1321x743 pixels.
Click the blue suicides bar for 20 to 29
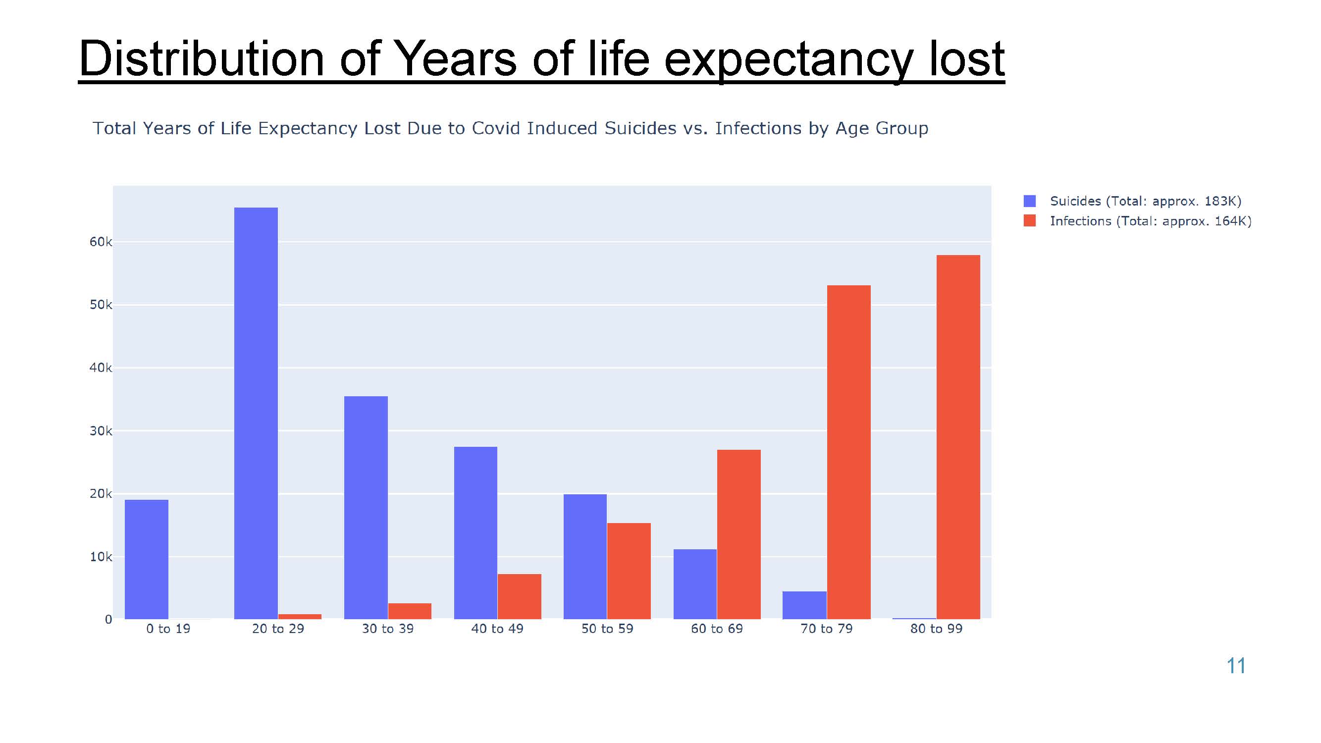click(256, 413)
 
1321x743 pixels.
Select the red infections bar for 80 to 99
click(958, 437)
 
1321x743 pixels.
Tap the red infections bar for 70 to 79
click(848, 452)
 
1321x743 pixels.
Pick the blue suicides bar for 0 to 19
click(147, 559)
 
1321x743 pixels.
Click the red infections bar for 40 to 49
click(520, 596)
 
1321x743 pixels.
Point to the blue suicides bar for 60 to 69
click(695, 584)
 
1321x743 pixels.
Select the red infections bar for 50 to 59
click(629, 571)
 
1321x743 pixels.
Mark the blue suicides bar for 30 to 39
click(366, 508)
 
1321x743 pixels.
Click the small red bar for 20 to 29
click(300, 616)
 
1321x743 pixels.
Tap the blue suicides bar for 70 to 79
click(804, 605)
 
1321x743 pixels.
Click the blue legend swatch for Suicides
click(1029, 201)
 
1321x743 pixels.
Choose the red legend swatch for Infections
click(1029, 221)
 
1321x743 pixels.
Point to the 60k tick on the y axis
click(101, 242)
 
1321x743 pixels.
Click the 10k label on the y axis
click(101, 557)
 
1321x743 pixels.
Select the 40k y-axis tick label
click(101, 368)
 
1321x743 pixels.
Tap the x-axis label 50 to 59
click(607, 629)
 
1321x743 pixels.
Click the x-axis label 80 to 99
click(937, 629)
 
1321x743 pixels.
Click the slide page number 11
click(1236, 666)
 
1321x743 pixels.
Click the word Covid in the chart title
click(495, 128)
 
